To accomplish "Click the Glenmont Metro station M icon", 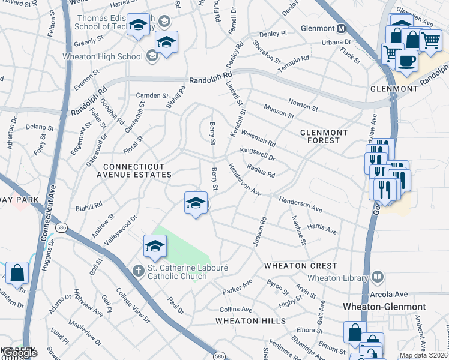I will [341, 28].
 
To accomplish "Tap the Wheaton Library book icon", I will [377, 277].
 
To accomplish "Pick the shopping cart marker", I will [430, 41].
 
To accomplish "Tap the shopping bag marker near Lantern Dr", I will [17, 273].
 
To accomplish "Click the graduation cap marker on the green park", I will [155, 246].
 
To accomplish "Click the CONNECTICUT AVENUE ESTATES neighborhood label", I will [137, 170].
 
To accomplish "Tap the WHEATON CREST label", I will [300, 265].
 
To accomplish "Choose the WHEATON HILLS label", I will [251, 321].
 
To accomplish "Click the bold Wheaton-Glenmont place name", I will [384, 307].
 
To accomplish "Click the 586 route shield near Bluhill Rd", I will [61, 228].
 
